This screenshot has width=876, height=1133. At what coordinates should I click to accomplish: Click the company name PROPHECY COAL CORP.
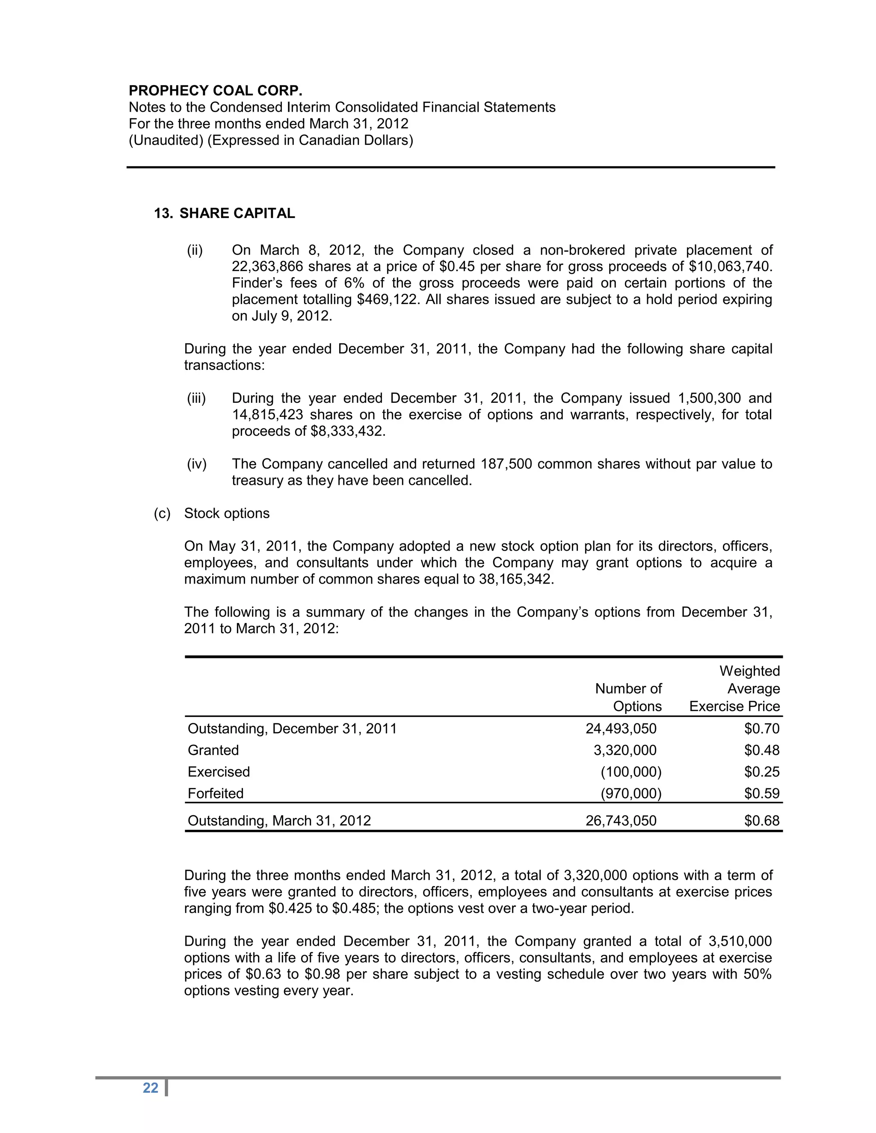[216, 91]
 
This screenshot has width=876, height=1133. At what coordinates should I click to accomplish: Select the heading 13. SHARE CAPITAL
[224, 213]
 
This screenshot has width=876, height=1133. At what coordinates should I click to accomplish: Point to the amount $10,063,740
[730, 267]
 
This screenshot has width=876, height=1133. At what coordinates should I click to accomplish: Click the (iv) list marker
[196, 464]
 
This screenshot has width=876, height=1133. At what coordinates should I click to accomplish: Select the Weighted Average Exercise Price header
[735, 688]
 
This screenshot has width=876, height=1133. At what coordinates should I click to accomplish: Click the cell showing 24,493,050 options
[621, 729]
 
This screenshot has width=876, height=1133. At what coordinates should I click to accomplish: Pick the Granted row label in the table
[213, 750]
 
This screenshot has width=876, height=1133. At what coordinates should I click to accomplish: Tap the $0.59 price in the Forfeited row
[761, 793]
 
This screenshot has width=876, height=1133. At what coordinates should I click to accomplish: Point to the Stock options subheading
[227, 513]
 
